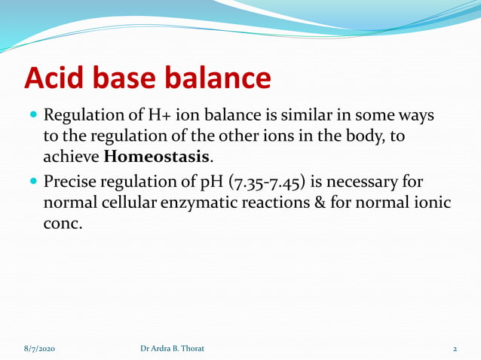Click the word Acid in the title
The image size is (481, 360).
pos(57,79)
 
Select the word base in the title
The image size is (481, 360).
pos(133,79)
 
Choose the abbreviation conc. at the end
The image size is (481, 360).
pos(62,224)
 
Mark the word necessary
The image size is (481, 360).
pos(369,183)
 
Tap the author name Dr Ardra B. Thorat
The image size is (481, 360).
pos(172,349)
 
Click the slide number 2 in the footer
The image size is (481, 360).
pos(455,349)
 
